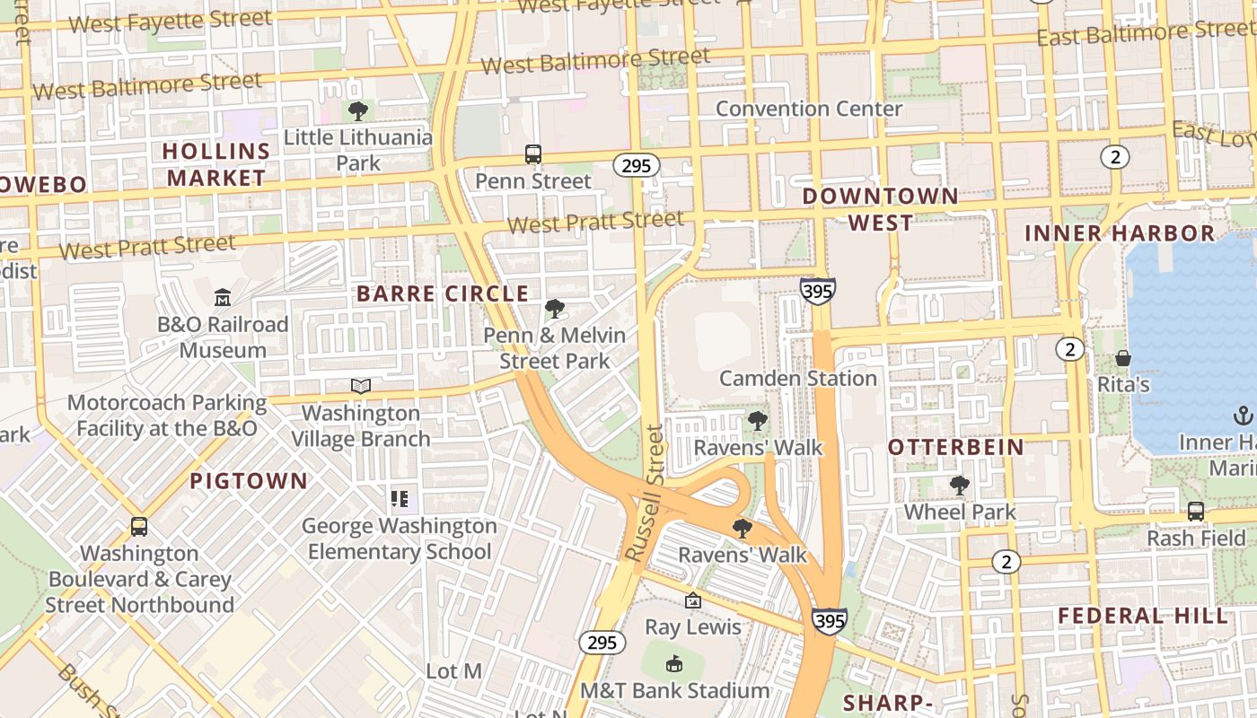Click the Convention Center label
pyautogui.click(x=808, y=109)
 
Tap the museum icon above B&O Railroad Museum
pyautogui.click(x=223, y=297)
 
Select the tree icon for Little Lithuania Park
pyautogui.click(x=358, y=111)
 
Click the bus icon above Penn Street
pyautogui.click(x=533, y=154)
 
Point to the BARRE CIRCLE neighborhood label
pyautogui.click(x=443, y=293)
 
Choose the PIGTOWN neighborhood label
pyautogui.click(x=249, y=481)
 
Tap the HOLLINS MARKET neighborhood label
pyautogui.click(x=216, y=164)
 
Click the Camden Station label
pyautogui.click(x=798, y=378)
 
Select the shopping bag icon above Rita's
pyautogui.click(x=1122, y=359)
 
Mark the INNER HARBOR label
pyautogui.click(x=1120, y=233)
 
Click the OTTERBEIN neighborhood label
pyautogui.click(x=955, y=447)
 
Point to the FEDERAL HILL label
pyautogui.click(x=1142, y=616)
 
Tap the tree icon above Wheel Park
pyautogui.click(x=960, y=486)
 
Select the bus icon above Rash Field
pyautogui.click(x=1196, y=512)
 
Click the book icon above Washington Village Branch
pyautogui.click(x=361, y=386)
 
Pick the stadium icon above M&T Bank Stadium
pyautogui.click(x=674, y=663)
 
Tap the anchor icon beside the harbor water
pyautogui.click(x=1243, y=416)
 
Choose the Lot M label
pyautogui.click(x=453, y=671)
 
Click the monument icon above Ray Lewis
pyautogui.click(x=693, y=600)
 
